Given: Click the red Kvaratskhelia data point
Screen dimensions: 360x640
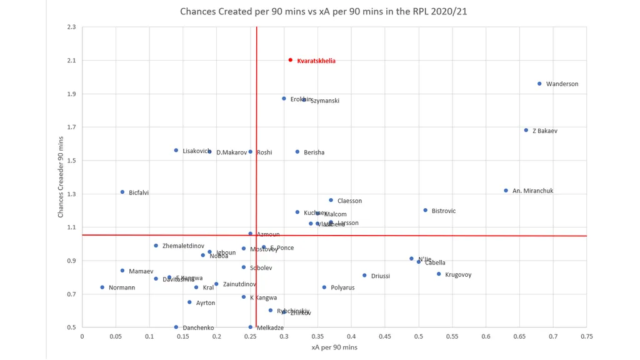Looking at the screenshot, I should coord(291,60).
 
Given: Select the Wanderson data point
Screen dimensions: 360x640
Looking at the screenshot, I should coord(539,84).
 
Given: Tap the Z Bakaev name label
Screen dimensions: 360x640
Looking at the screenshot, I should coord(544,131).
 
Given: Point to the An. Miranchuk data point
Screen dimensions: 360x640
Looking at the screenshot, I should coord(506,191).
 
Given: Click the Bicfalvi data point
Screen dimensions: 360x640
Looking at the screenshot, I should coord(122,192).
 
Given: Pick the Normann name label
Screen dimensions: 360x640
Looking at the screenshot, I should coord(121,288).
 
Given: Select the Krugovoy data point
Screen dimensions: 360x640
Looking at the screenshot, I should coord(439,274).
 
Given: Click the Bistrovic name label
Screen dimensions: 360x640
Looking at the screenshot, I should coord(443,211).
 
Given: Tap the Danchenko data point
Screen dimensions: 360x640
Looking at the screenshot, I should coord(176,327).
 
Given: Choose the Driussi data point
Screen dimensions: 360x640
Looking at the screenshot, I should coord(364,276).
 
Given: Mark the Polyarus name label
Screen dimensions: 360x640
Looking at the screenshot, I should coord(342,288).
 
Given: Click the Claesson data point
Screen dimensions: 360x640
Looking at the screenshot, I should coord(331,200).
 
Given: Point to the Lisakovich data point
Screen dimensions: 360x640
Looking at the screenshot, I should coord(176,150).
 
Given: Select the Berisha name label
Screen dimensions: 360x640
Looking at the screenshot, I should coord(314,152).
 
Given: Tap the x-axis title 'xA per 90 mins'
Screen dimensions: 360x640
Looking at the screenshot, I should coord(334,347).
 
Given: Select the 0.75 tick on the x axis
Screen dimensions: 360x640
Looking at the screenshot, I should coord(586,336).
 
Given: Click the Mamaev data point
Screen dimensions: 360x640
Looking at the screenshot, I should coord(122,271).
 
